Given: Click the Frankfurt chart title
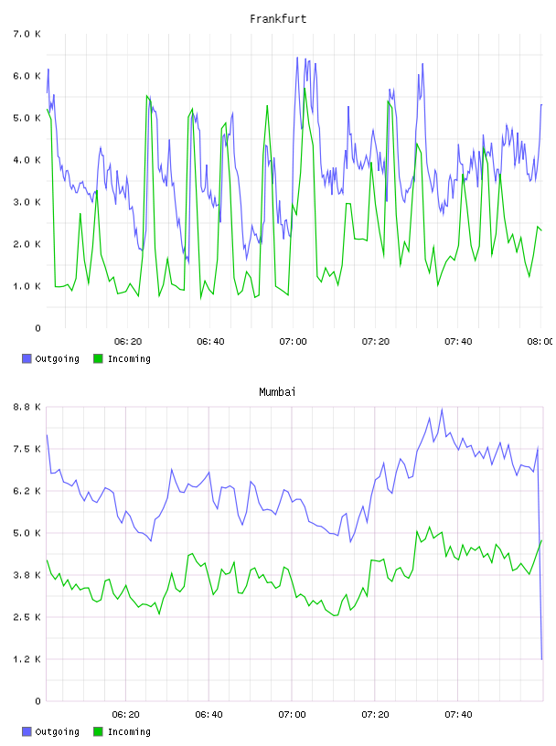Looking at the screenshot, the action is click(x=278, y=19).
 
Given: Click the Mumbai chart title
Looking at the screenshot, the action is click(x=277, y=392).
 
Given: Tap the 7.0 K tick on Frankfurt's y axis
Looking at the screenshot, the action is click(x=27, y=34).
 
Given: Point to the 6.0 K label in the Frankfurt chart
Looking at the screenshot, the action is click(x=27, y=76).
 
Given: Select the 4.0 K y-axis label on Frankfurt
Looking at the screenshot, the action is click(x=27, y=160).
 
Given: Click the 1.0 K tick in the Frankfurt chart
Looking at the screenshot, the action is click(x=27, y=286).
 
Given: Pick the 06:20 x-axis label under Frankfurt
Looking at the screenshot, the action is click(x=128, y=341).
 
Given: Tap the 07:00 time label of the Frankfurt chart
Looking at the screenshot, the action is click(x=293, y=341).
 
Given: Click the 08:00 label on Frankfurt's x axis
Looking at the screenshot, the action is click(x=540, y=341).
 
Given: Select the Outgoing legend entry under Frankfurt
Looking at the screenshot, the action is click(x=51, y=358).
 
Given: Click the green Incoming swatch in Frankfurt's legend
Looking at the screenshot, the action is click(x=98, y=358).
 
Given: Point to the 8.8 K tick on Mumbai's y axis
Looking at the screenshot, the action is click(x=27, y=407).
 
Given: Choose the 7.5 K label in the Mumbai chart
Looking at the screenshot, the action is click(x=27, y=449).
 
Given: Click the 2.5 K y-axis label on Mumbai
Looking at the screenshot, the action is click(x=27, y=617).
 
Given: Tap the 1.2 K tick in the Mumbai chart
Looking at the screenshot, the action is click(x=27, y=659).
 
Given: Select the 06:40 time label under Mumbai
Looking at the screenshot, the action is click(x=209, y=714).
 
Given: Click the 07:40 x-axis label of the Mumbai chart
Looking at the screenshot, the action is click(x=458, y=714).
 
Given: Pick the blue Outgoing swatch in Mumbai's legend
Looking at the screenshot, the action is click(x=27, y=731).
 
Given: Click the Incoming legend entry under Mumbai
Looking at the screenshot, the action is click(x=122, y=731).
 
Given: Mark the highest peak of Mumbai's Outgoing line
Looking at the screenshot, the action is click(x=442, y=410).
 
